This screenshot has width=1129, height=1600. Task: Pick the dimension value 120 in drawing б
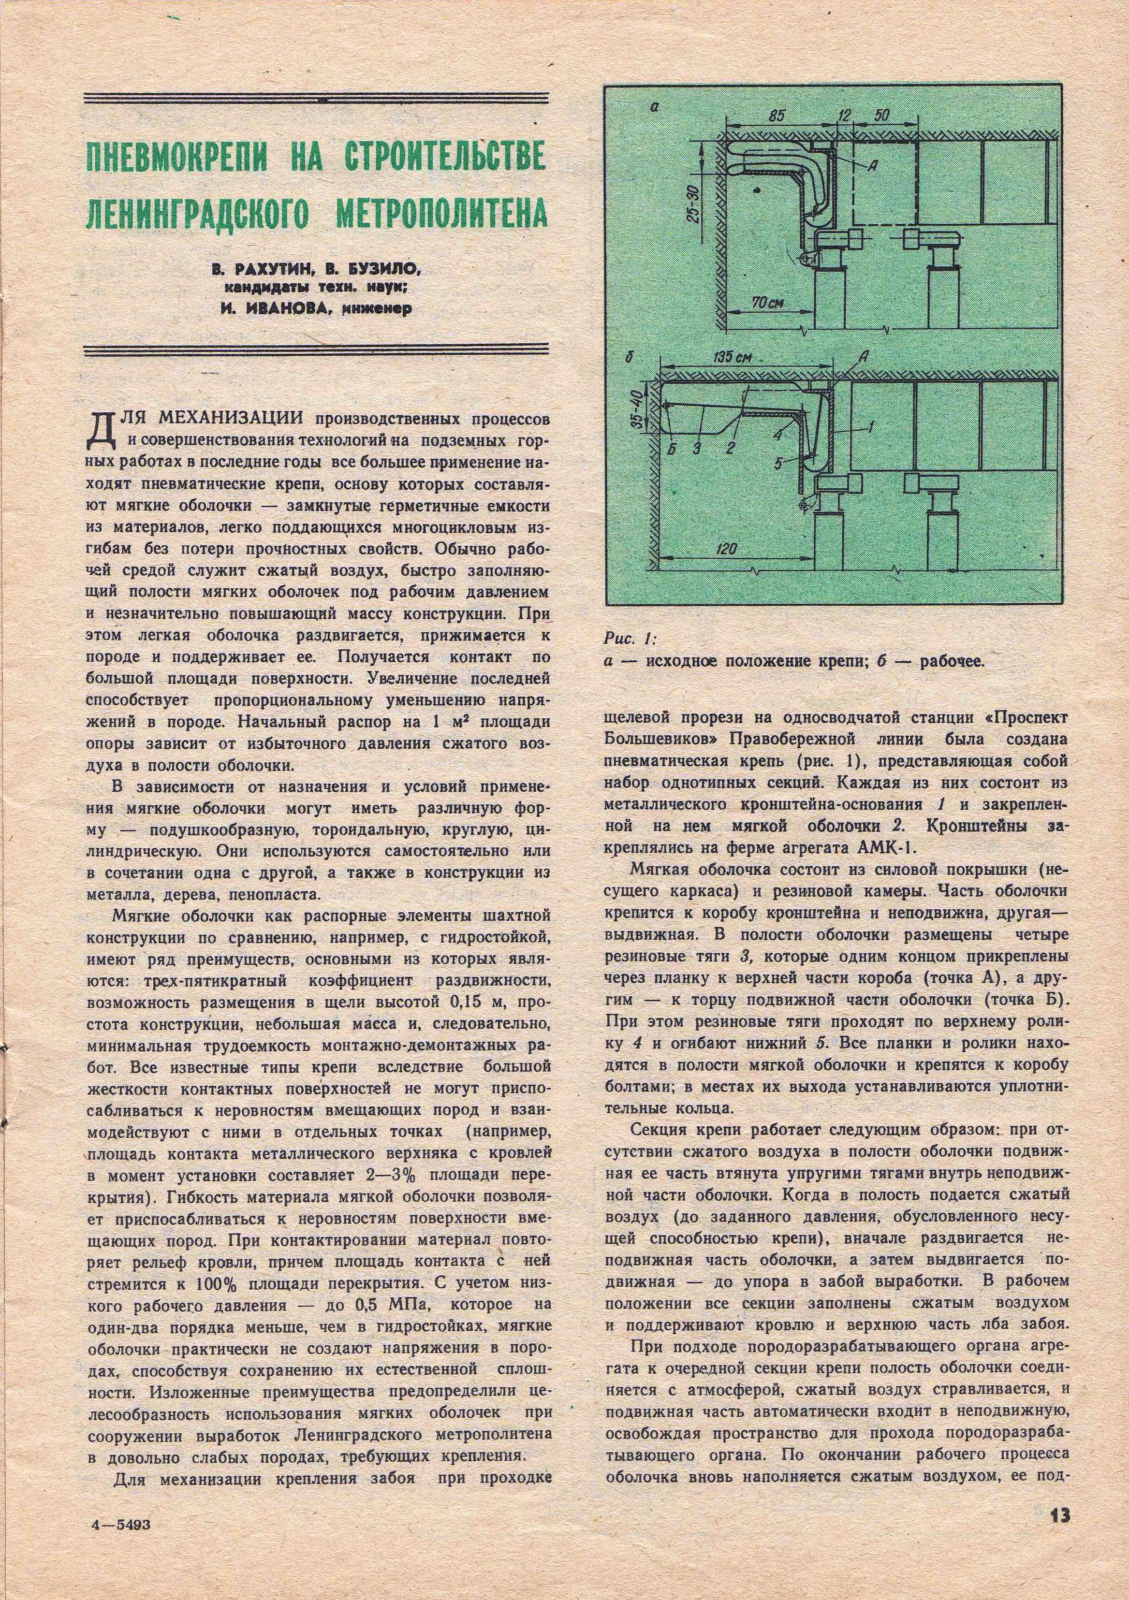point(726,550)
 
